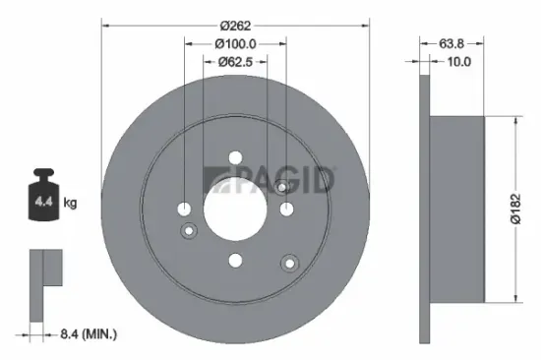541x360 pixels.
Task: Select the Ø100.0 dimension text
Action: coord(235,43)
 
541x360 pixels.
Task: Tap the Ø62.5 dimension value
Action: coord(236,62)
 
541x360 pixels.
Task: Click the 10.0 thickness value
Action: coord(459,62)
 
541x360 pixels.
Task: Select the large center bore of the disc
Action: coord(235,209)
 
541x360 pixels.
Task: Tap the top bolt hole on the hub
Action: coord(235,157)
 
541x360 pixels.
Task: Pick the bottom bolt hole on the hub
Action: coord(235,260)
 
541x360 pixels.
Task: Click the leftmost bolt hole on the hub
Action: coord(184,209)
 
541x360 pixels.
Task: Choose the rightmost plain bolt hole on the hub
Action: coord(286,209)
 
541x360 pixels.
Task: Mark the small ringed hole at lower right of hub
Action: coord(289,263)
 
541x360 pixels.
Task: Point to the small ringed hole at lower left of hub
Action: coord(191,230)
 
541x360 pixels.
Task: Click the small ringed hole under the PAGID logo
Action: coord(281,187)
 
